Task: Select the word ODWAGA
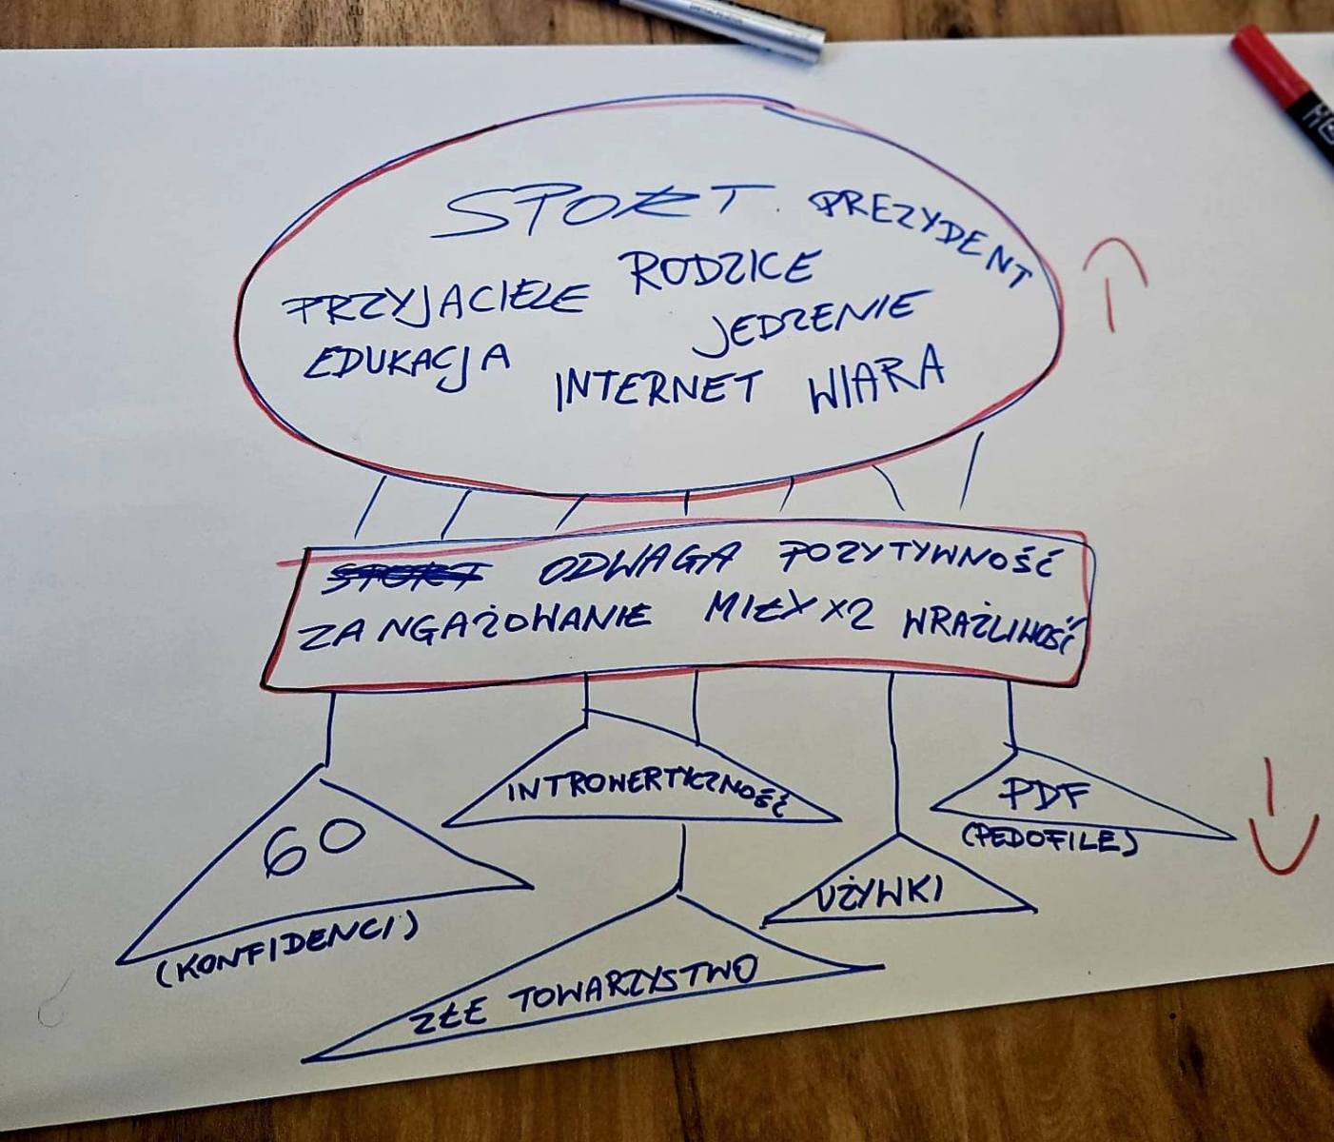(637, 566)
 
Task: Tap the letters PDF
(1043, 796)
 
